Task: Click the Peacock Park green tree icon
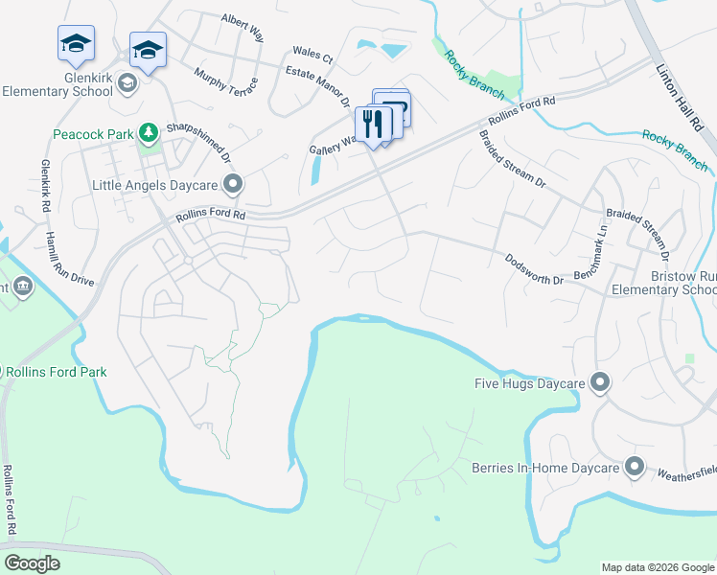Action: click(x=148, y=132)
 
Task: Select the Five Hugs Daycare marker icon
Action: click(x=600, y=383)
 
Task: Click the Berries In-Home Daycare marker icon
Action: click(x=634, y=468)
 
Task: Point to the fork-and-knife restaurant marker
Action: click(x=373, y=124)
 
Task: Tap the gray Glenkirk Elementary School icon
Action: click(x=127, y=84)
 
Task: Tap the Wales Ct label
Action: click(x=312, y=55)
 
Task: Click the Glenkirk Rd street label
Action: click(x=44, y=182)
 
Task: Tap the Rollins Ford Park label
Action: click(x=58, y=372)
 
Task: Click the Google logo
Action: click(x=32, y=563)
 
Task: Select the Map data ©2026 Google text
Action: click(x=658, y=567)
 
